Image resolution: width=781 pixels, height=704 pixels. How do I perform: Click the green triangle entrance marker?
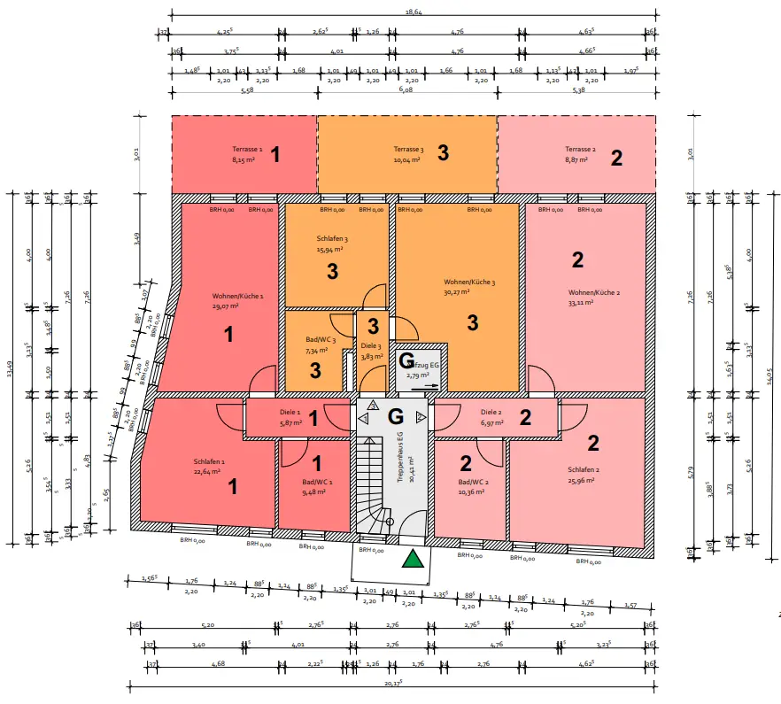412,558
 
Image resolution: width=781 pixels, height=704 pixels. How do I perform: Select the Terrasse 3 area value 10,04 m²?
408,160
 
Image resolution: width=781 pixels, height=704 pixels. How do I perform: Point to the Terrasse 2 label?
579,150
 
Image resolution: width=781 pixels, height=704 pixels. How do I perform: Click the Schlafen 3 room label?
333,239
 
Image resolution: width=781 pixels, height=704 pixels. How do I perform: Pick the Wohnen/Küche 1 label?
238,296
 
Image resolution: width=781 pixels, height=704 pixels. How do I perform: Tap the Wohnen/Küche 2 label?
593,292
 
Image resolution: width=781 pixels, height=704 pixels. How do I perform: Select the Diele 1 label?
290,412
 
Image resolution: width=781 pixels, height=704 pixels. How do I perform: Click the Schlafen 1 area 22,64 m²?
209,471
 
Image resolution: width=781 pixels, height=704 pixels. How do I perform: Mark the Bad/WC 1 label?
316,482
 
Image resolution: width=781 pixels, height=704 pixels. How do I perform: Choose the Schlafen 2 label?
584,469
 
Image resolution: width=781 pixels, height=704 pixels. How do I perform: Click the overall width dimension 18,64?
413,12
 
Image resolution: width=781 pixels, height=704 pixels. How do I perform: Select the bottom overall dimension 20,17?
394,683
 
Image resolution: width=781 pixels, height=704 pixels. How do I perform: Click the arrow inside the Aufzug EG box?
429,387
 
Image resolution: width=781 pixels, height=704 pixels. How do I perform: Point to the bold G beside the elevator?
406,360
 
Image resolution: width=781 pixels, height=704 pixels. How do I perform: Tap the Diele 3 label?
371,346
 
